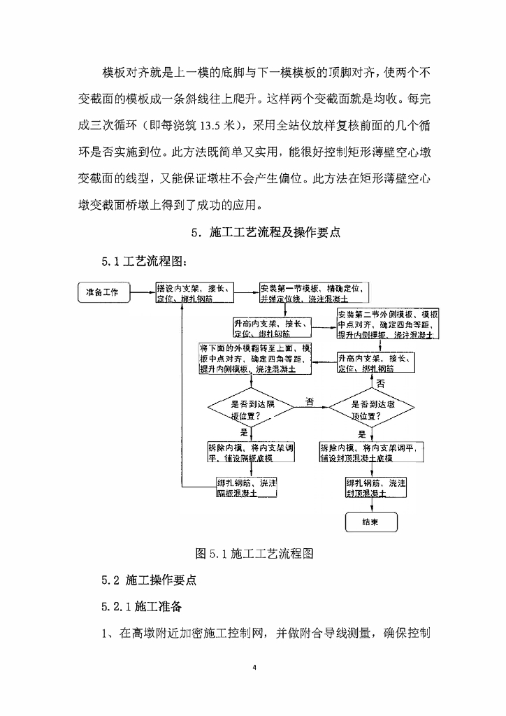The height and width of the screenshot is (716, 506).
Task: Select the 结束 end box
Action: coord(370,522)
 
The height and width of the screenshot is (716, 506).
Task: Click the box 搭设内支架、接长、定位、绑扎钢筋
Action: coord(194,293)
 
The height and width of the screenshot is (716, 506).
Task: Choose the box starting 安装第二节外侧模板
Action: coord(388,324)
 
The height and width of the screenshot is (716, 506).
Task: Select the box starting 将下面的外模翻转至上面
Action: coord(255,357)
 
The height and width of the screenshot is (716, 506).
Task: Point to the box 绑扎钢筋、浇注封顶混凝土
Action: coord(377,487)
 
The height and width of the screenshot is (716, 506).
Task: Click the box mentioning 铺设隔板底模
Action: coord(250,452)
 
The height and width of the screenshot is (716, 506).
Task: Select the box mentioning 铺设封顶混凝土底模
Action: coord(373,452)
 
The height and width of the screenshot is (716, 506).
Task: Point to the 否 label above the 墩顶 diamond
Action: coord(381,384)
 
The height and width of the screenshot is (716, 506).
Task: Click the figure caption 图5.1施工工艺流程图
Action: coord(253,553)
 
